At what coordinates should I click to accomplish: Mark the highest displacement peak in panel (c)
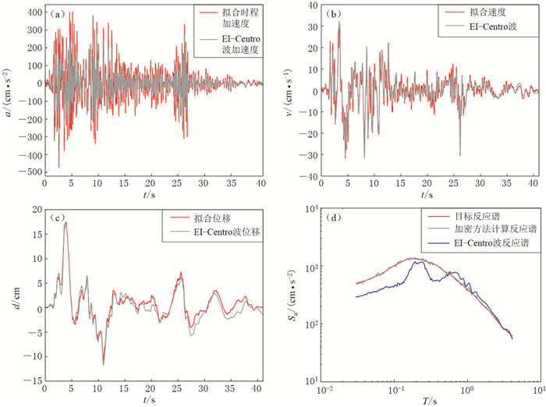[x=66, y=223]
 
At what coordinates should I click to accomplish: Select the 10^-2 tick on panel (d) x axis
[x=325, y=388]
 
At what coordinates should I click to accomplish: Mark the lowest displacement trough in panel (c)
[x=103, y=364]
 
